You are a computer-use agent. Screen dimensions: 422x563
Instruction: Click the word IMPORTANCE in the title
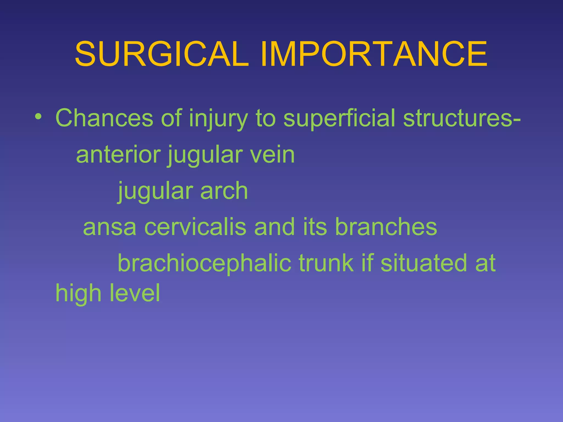point(374,54)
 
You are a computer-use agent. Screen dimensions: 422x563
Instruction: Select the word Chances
point(104,118)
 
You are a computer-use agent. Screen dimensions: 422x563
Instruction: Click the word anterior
point(118,154)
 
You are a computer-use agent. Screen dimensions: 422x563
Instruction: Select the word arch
point(224,191)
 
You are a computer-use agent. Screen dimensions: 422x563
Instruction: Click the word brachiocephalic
point(204,263)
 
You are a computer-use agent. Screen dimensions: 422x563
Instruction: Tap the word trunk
point(326,263)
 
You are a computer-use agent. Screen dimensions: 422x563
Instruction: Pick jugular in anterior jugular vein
point(204,155)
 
